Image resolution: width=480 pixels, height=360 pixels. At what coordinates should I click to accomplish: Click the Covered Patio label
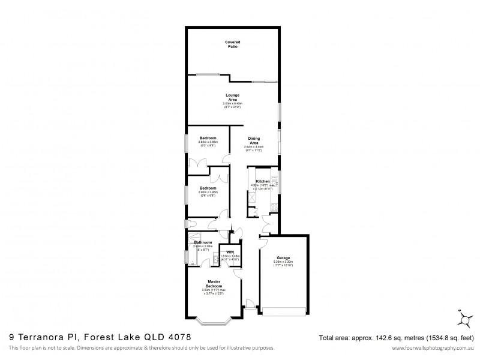pos(232,44)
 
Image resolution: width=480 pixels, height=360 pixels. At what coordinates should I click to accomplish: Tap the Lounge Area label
pos(232,97)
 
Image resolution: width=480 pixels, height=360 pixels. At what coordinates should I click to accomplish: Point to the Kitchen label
pos(263,181)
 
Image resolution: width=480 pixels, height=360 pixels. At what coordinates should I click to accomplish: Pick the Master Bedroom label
pos(215,284)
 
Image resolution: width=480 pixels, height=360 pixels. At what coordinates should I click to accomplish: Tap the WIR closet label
pos(230,251)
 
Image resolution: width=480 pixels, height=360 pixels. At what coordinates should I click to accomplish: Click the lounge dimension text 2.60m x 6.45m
pos(232,104)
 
